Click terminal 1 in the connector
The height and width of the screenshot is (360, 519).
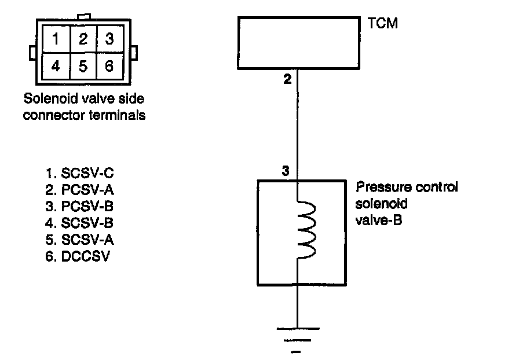click(56, 39)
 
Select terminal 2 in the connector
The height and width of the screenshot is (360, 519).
click(83, 39)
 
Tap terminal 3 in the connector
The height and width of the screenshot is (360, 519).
click(110, 39)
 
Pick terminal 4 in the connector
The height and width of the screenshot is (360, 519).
click(56, 66)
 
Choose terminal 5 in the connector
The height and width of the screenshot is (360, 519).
click(83, 66)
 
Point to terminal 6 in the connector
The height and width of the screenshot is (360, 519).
click(110, 66)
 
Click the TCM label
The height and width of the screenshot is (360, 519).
click(383, 24)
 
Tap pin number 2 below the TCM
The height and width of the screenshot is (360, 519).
click(288, 79)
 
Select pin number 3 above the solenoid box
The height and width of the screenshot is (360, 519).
click(286, 171)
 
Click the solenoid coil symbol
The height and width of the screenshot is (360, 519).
click(306, 229)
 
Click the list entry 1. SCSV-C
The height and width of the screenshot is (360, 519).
click(79, 174)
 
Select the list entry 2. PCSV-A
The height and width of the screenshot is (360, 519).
click(79, 190)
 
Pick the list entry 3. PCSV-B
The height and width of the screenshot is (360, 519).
click(79, 207)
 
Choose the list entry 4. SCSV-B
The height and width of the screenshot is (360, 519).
click(79, 223)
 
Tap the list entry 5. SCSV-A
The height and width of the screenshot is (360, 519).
click(79, 240)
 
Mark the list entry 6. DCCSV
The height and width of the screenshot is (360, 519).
click(78, 256)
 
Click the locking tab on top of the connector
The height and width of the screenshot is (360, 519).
click(84, 17)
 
